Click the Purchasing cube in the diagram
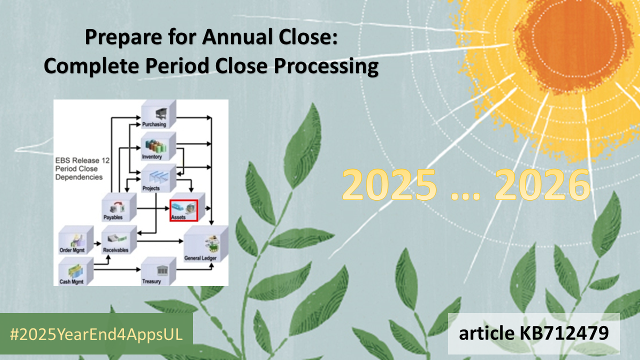158,114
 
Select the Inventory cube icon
158,146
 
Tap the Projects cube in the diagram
158,177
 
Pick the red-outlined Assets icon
184,209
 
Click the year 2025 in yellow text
389,184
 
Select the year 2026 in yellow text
543,184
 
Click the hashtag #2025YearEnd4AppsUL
96,334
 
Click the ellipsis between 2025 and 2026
466,192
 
